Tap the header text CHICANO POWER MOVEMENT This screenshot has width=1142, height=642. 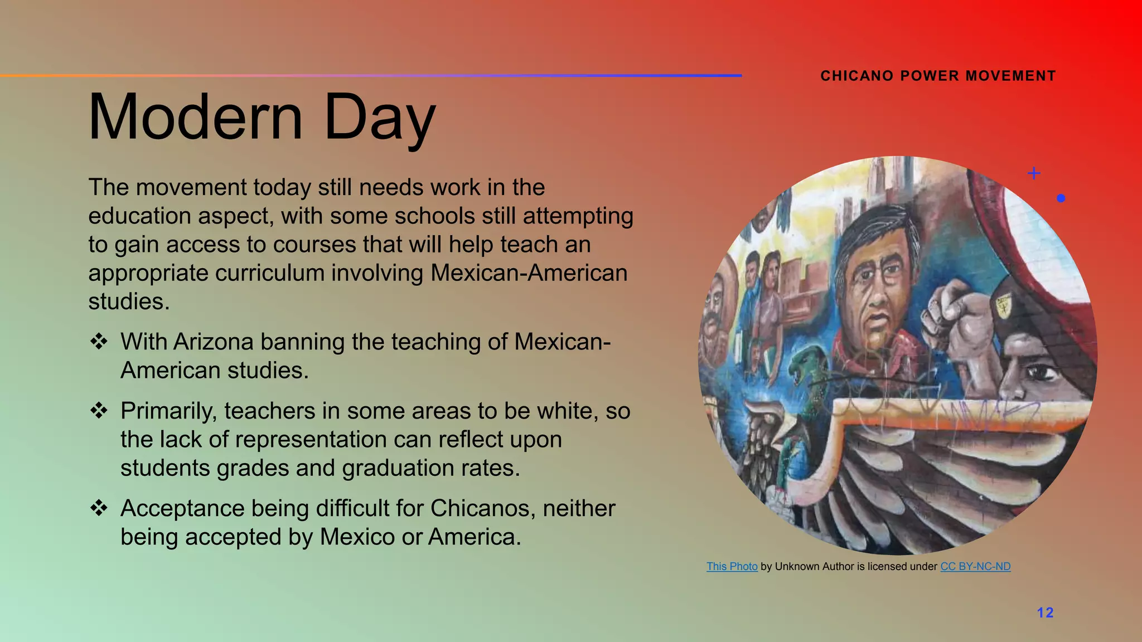click(x=938, y=76)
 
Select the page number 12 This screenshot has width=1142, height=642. click(x=1045, y=613)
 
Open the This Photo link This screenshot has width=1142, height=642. click(x=732, y=567)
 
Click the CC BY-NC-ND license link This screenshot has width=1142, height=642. click(x=975, y=567)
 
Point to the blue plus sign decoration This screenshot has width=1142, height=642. click(x=1034, y=173)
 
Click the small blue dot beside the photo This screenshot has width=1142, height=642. click(x=1061, y=198)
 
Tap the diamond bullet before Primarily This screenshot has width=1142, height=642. click(x=99, y=411)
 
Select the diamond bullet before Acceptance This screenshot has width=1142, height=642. click(x=99, y=508)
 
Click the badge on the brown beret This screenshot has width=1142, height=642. click(x=1004, y=306)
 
